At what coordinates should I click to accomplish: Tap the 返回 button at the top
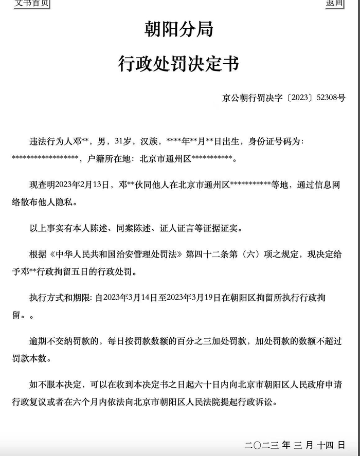coord(334,3)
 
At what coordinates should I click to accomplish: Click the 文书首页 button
coord(32,3)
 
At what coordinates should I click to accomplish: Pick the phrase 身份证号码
coord(280,141)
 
